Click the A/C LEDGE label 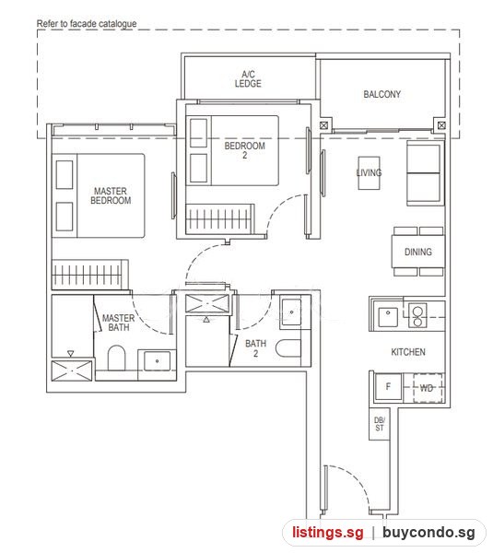point(248,79)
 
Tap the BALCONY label point(381,95)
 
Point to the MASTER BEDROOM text point(111,195)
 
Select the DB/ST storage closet point(380,424)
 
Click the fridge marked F point(388,386)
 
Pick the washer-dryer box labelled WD point(428,388)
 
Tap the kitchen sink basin point(388,316)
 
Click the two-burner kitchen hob point(417,315)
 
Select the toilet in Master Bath point(116,358)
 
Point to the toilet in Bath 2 point(288,348)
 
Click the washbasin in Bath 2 point(291,312)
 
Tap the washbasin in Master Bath point(157,361)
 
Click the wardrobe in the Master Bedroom point(90,275)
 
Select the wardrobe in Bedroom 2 point(220,218)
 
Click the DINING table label point(417,252)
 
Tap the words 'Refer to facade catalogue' point(87,24)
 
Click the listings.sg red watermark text point(328,532)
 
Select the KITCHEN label point(408,352)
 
